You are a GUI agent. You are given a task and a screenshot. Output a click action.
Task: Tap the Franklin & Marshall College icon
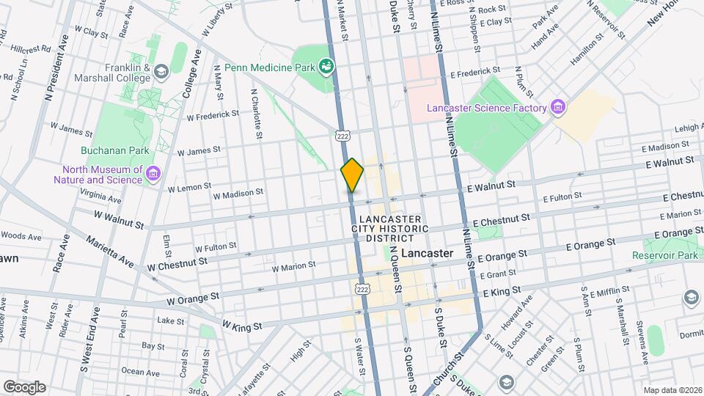(x=161, y=71)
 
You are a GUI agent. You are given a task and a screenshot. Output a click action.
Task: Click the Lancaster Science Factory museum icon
(x=558, y=109)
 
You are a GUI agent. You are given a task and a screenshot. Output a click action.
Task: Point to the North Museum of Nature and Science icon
(x=153, y=174)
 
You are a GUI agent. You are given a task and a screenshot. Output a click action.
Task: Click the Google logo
(x=24, y=386)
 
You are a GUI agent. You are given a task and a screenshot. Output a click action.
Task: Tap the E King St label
(x=501, y=291)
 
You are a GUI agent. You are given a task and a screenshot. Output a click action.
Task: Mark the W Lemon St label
(x=189, y=188)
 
